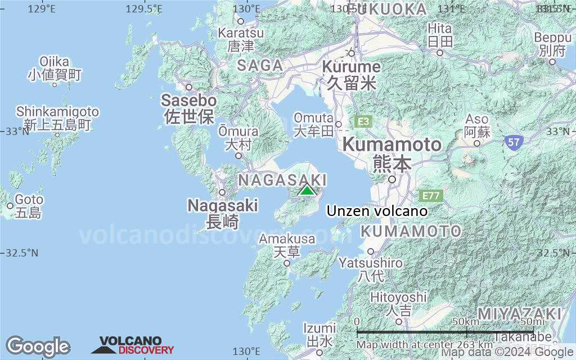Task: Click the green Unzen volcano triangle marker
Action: [x=307, y=190]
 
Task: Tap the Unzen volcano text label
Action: [x=377, y=211]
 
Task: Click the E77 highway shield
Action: [x=431, y=196]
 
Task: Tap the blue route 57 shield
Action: [x=512, y=142]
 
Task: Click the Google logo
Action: [x=38, y=346]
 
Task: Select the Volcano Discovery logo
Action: [x=133, y=345]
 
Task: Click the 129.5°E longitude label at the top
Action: [x=145, y=8]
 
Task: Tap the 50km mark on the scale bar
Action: [x=465, y=321]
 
